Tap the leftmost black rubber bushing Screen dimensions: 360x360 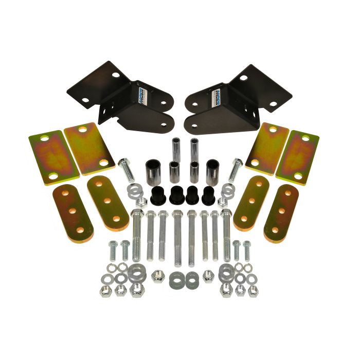(157, 194)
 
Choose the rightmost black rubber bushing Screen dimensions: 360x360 (209, 194)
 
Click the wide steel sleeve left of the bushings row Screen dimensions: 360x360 (153, 172)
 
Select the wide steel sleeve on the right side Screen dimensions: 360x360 (212, 172)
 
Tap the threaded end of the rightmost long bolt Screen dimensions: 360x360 (227, 255)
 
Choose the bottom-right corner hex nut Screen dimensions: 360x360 (253, 291)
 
